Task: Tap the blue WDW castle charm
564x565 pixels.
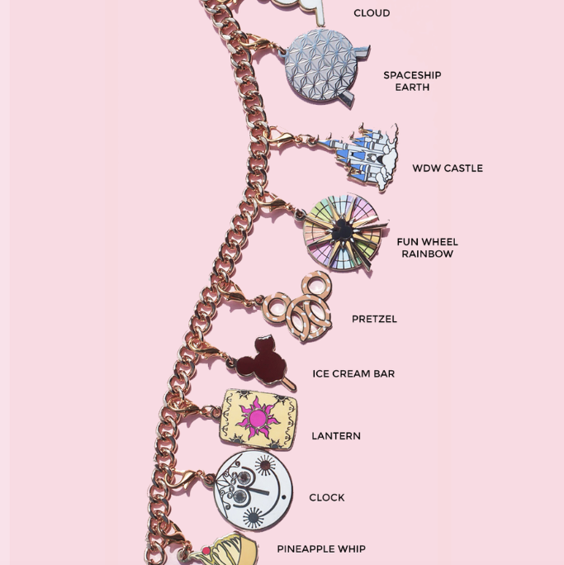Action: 363,157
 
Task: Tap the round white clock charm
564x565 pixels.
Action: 254,491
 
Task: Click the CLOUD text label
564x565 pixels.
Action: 372,13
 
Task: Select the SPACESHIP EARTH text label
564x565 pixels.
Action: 412,81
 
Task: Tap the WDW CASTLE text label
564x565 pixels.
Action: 448,169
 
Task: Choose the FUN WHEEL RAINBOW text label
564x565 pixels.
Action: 427,248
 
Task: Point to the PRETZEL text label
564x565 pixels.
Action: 374,319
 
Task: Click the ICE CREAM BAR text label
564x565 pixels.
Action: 353,373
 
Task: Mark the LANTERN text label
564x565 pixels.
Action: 336,435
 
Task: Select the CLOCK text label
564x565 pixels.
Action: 327,497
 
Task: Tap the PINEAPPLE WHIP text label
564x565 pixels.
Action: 321,548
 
